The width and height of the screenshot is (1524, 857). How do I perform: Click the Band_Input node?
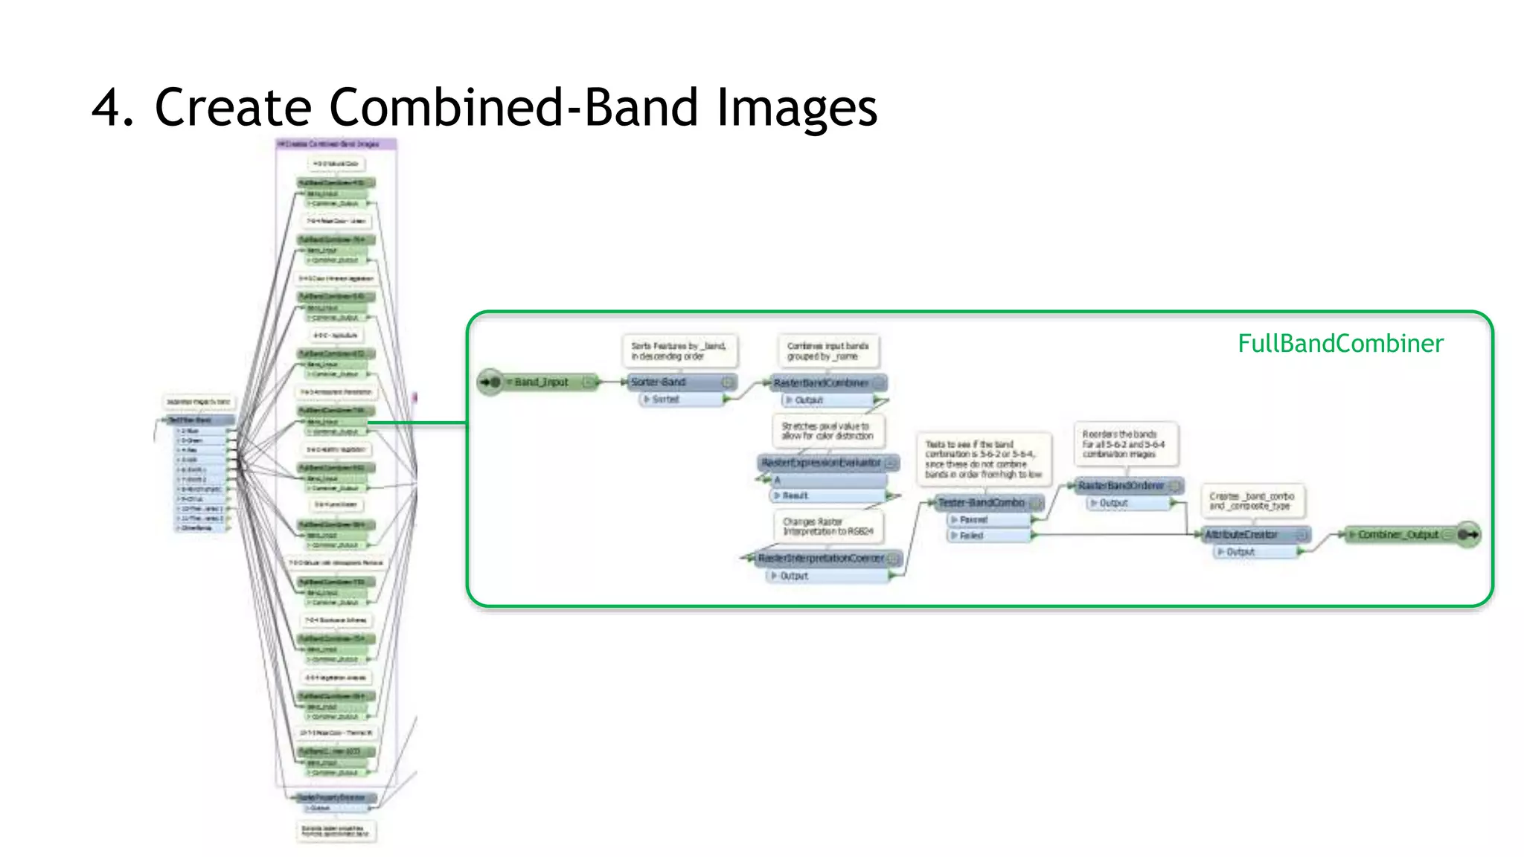pos(541,382)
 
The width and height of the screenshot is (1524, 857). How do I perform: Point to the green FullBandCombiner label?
pos(1340,344)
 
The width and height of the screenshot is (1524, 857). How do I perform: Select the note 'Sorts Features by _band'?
pos(679,351)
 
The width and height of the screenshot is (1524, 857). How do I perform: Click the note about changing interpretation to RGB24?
pos(828,527)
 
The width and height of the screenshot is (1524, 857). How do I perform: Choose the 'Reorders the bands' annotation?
pos(1124,444)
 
